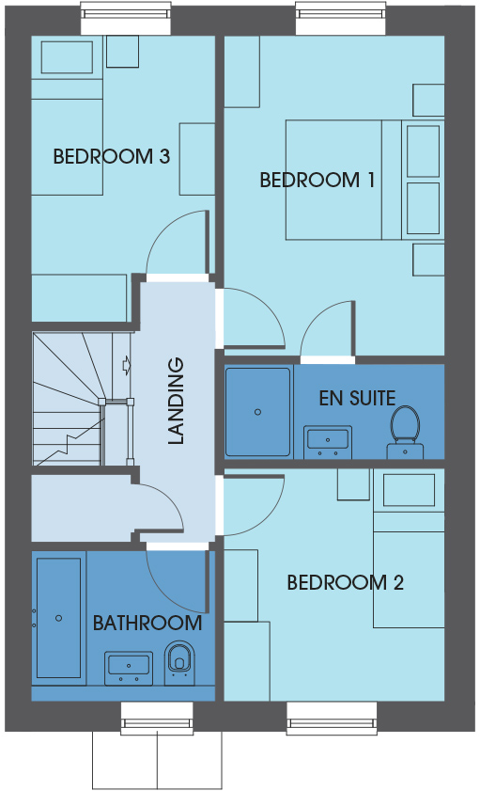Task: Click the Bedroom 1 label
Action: click(x=317, y=180)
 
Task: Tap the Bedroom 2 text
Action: click(x=345, y=582)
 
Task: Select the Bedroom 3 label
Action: click(x=112, y=156)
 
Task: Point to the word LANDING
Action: click(x=176, y=401)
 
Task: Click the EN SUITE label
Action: click(x=357, y=399)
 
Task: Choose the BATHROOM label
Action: click(x=147, y=623)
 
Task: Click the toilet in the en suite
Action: click(x=405, y=432)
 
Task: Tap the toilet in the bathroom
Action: click(x=179, y=662)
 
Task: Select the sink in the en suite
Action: click(x=328, y=442)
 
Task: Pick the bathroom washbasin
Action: click(x=129, y=669)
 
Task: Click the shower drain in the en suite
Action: click(x=258, y=412)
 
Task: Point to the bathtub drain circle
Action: click(x=59, y=618)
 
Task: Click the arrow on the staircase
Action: click(x=127, y=365)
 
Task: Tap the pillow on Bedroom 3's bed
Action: click(x=67, y=57)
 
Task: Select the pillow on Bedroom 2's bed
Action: click(x=409, y=490)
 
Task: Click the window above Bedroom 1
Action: click(x=340, y=18)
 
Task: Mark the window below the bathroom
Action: click(x=157, y=719)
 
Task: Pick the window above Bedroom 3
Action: click(x=126, y=18)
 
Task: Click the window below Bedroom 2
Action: click(x=332, y=719)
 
